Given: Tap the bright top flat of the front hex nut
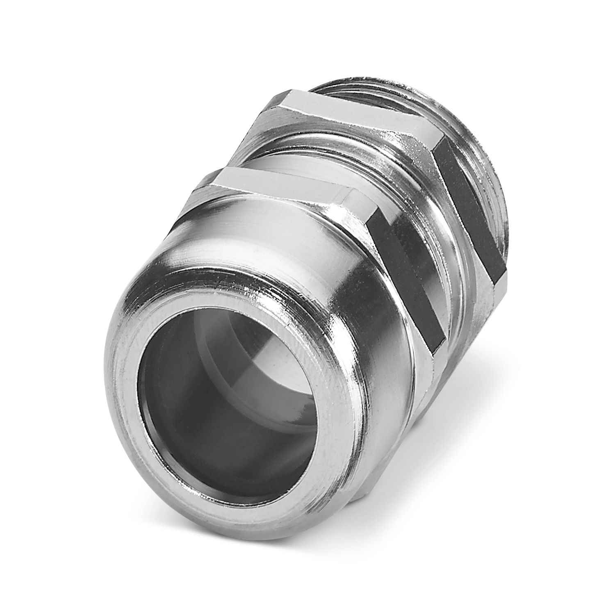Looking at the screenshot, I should click(x=283, y=182).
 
